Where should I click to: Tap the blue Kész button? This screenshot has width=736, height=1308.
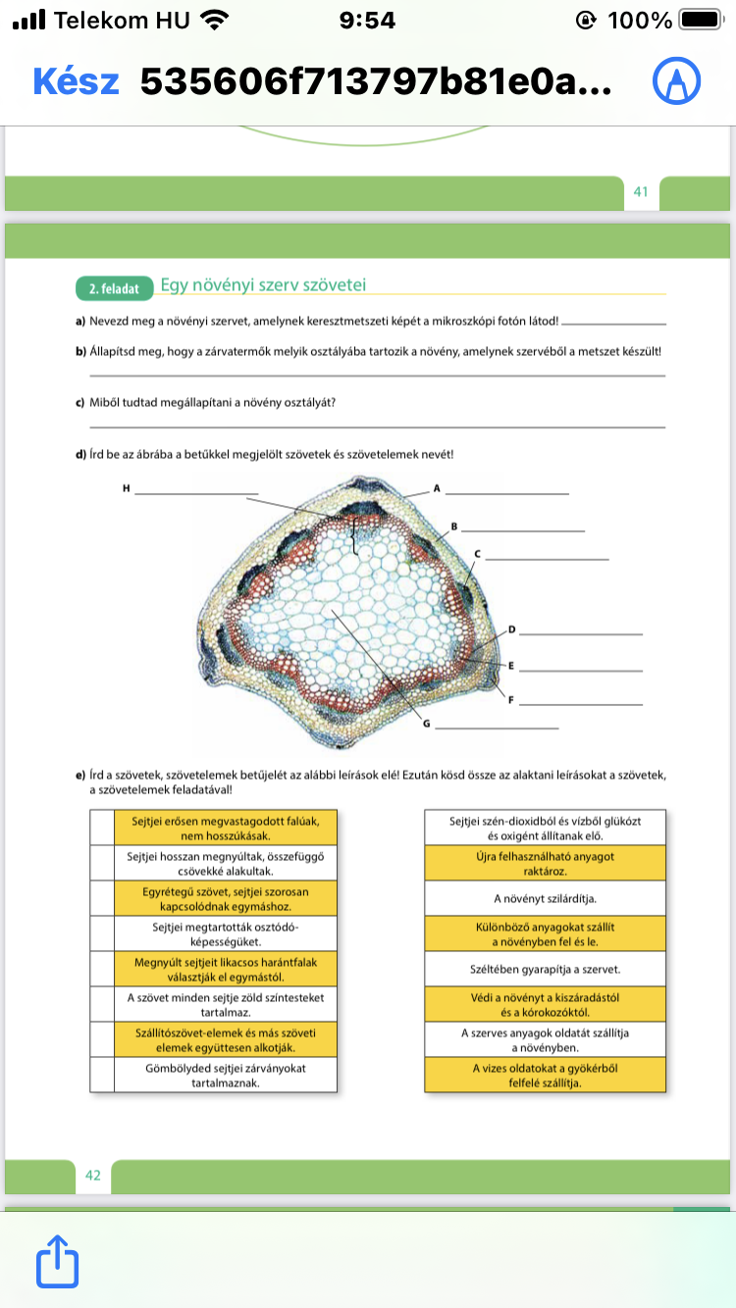(x=77, y=81)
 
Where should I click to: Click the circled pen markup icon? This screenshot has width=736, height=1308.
(x=676, y=81)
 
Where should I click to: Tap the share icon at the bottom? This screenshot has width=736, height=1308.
(x=57, y=1262)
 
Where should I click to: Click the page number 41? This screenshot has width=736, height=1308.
(x=641, y=192)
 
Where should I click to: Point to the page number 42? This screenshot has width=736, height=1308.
(x=93, y=1175)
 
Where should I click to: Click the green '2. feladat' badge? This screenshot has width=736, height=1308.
(x=115, y=288)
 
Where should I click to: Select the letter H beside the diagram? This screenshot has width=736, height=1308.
(x=126, y=487)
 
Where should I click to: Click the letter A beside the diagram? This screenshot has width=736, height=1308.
(x=437, y=487)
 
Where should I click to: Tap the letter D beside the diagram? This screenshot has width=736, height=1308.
(x=511, y=629)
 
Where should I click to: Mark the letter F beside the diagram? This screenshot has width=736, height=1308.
(x=511, y=699)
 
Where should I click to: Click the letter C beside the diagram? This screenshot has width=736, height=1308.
(x=477, y=554)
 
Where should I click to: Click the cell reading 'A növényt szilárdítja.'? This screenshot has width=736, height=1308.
(x=545, y=898)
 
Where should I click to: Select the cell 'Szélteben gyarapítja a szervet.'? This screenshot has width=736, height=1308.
(x=545, y=969)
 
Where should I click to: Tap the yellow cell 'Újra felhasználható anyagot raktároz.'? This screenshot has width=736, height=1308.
(x=545, y=863)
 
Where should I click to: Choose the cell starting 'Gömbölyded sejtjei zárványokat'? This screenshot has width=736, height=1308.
(x=225, y=1075)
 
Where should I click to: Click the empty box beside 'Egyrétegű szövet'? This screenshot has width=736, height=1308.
(x=102, y=898)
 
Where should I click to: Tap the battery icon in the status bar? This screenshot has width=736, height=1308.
(x=700, y=20)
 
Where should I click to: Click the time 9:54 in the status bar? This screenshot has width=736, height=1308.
(x=367, y=20)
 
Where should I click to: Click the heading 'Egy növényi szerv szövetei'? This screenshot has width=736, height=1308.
(x=262, y=285)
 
